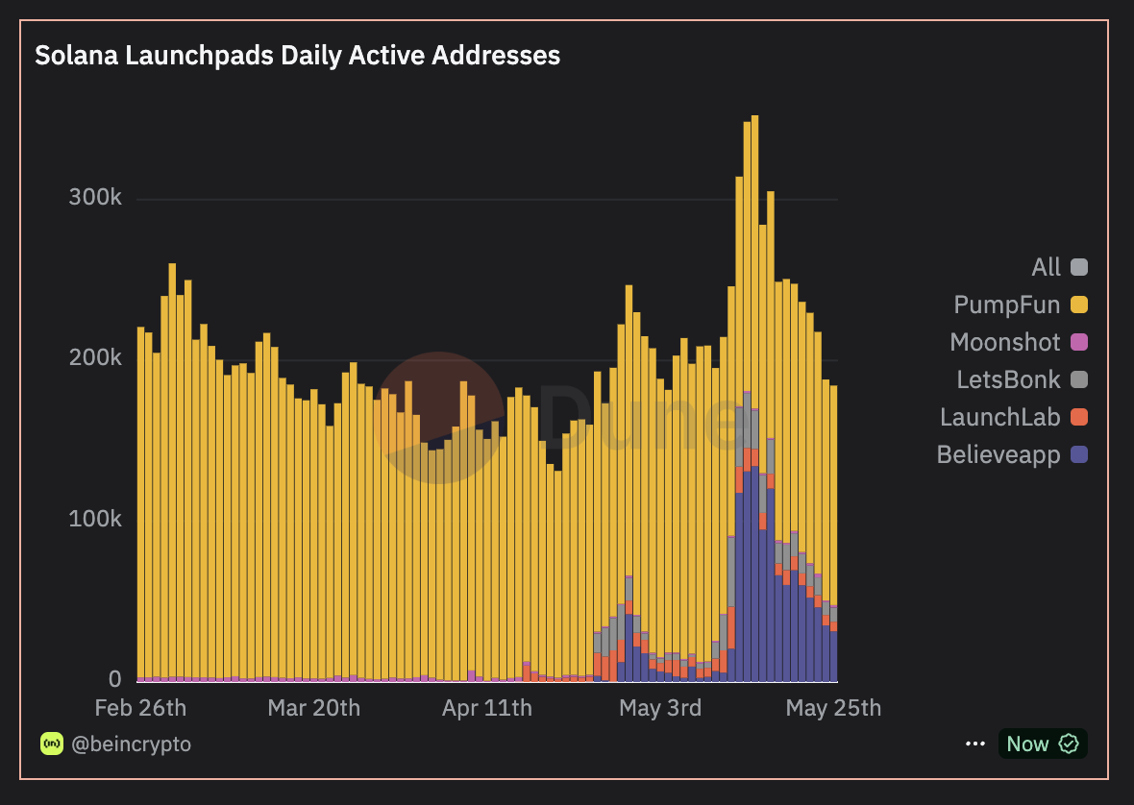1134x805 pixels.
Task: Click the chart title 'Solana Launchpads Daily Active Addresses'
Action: [297, 56]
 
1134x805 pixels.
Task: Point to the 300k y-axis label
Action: [95, 198]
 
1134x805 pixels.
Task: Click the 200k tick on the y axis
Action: [95, 358]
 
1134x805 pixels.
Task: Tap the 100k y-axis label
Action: [95, 519]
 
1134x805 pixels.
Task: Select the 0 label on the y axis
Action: [114, 679]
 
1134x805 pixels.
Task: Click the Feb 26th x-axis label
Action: [141, 708]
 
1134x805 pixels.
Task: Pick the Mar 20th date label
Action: [314, 708]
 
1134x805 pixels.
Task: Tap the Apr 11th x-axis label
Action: [486, 708]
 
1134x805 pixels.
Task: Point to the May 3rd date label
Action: [660, 708]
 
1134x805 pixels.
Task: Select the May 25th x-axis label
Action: [833, 708]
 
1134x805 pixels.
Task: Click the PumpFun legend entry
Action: [1007, 305]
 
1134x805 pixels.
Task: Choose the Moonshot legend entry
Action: [1005, 342]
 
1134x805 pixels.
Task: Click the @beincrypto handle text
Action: [131, 744]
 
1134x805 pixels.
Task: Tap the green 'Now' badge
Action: [1042, 744]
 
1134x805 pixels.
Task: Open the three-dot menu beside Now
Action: [975, 744]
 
